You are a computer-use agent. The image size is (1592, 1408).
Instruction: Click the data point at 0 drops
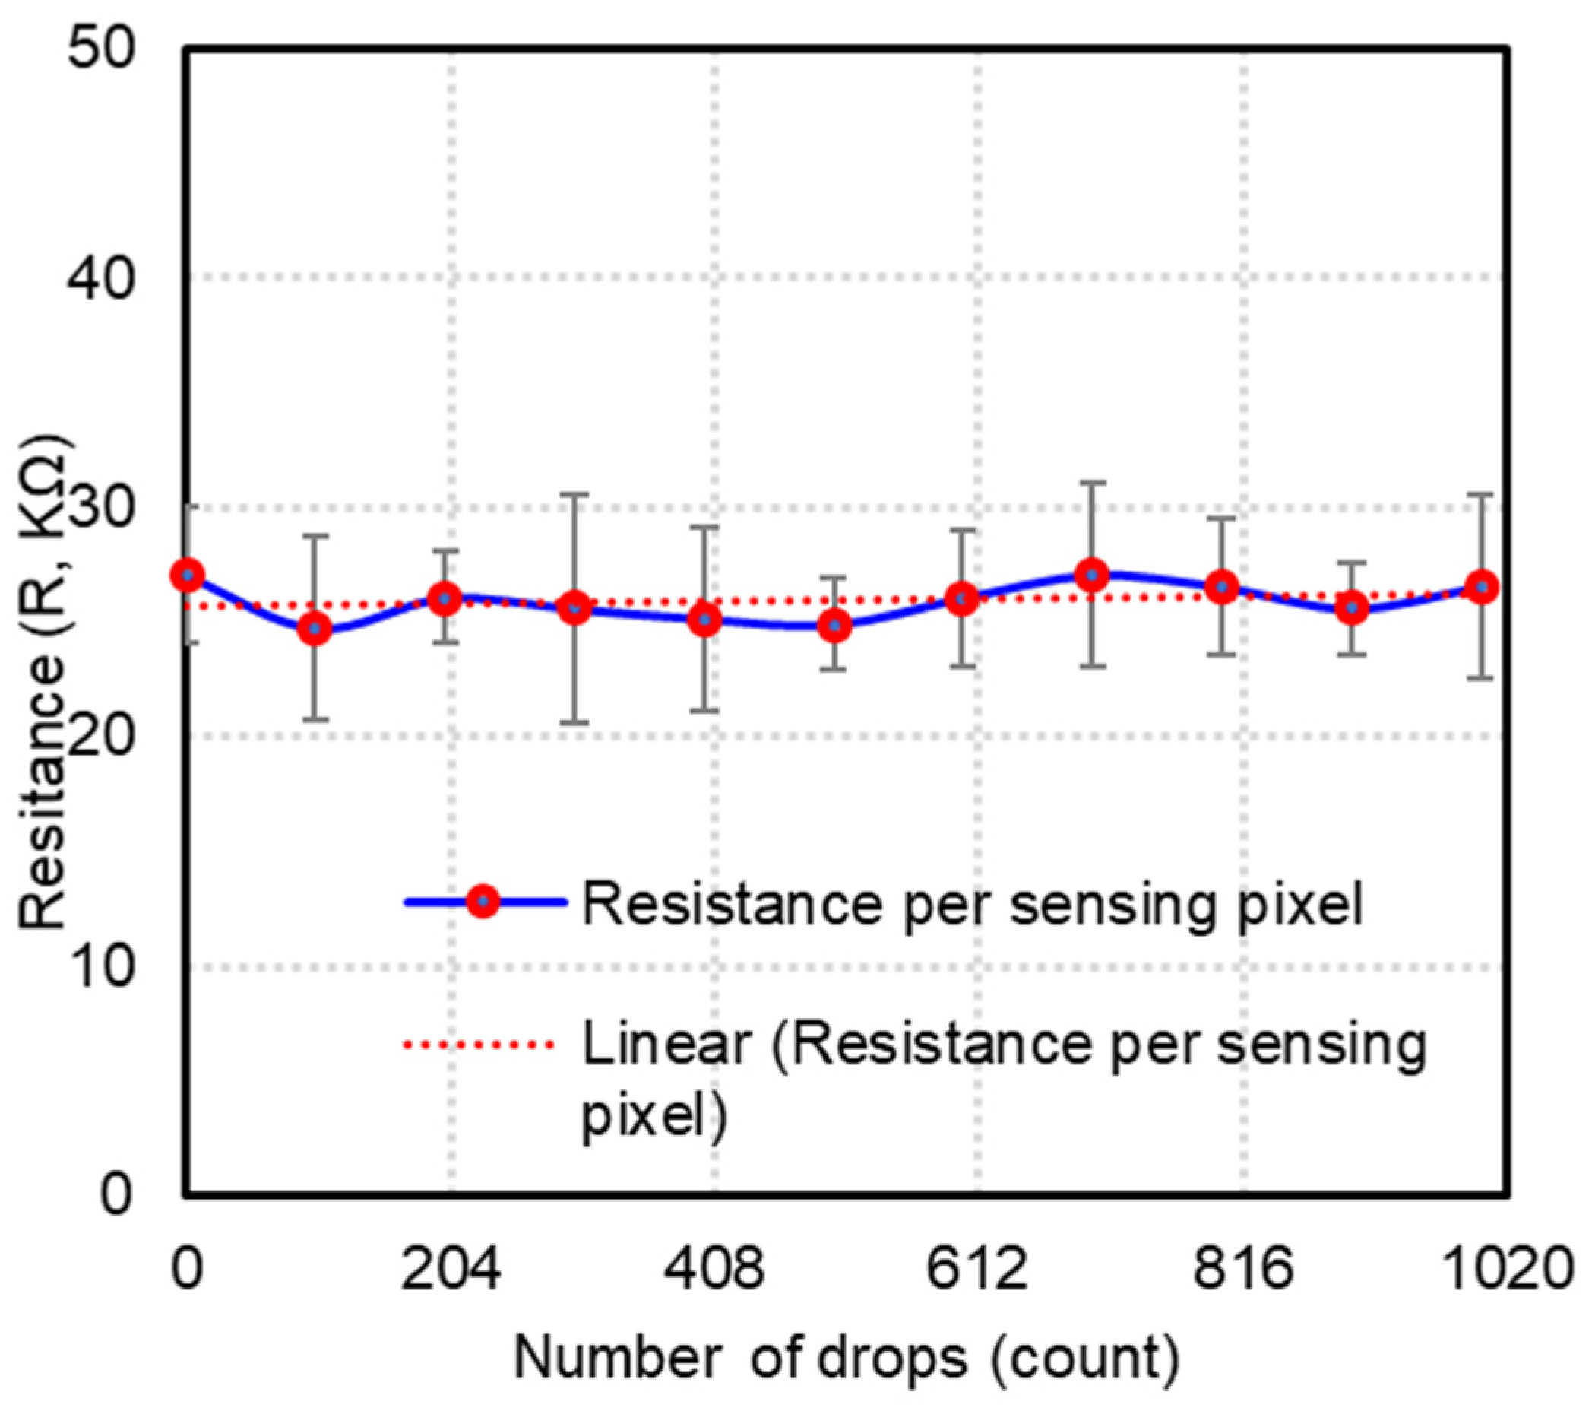click(x=188, y=576)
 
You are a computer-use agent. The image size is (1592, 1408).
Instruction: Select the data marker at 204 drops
click(x=445, y=598)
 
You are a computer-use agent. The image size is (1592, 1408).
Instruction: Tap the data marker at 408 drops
click(x=705, y=620)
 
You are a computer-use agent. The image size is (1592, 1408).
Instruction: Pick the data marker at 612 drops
click(x=963, y=598)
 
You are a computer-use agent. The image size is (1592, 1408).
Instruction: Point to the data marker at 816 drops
click(x=1222, y=588)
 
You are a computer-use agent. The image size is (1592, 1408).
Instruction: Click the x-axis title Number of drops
click(x=847, y=1358)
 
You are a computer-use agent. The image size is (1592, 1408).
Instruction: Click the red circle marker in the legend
click(x=483, y=902)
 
